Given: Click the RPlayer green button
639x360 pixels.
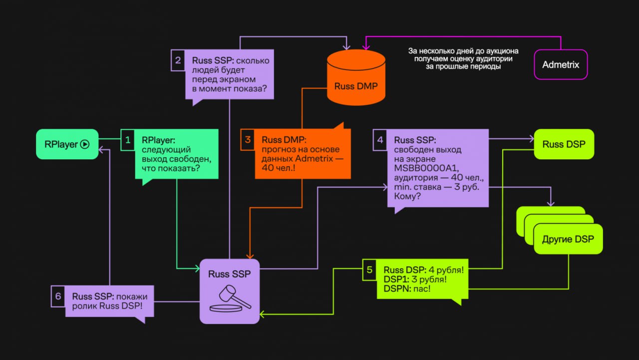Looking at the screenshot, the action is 67,144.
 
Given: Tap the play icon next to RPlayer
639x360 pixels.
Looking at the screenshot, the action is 85,144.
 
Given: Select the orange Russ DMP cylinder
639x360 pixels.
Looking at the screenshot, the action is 356,77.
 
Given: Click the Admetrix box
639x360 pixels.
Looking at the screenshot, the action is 561,64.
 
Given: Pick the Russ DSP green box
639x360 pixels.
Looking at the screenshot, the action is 564,144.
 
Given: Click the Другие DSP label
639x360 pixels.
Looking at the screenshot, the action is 568,239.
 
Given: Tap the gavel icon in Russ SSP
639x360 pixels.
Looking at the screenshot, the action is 231,299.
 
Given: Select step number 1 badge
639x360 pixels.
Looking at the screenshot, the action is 128,140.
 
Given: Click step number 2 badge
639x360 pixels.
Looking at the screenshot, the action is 178,60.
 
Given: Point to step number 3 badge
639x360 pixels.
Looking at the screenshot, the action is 248,139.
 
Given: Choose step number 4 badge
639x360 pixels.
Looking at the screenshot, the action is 380,140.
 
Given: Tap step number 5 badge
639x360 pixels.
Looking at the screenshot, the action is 369,270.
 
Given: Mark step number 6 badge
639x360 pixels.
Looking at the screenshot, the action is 58,296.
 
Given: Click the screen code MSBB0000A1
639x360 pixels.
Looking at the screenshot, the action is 426,168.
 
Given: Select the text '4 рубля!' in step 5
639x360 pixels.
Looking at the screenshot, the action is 446,270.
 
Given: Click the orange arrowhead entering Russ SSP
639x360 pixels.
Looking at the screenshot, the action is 250,256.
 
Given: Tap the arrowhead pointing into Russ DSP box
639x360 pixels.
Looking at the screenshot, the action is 532,139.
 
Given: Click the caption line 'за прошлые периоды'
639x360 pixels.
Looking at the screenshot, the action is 463,67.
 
